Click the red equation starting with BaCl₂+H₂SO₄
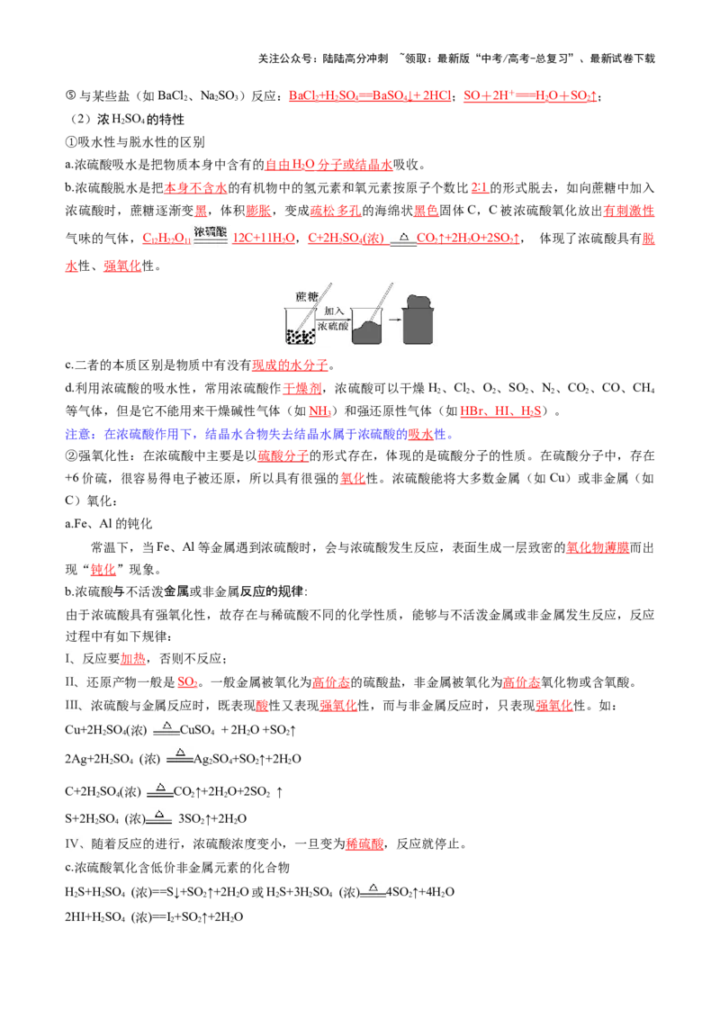(x=370, y=96)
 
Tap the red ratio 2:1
(x=480, y=188)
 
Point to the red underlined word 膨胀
(x=258, y=211)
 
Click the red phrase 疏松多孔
(x=336, y=211)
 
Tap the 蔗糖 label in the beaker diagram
(x=306, y=297)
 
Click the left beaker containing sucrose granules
(x=301, y=326)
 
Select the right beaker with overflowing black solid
(x=419, y=319)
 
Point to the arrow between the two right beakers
(x=394, y=319)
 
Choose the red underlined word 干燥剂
(x=302, y=388)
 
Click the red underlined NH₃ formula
(x=319, y=410)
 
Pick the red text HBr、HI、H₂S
(x=500, y=410)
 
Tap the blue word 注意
(x=78, y=434)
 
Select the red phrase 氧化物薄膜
(x=598, y=547)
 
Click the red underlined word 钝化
(x=103, y=569)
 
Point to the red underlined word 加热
(x=133, y=658)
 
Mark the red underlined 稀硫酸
(x=364, y=843)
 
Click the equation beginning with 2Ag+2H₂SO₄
(x=183, y=758)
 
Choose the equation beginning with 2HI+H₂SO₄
(x=154, y=917)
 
